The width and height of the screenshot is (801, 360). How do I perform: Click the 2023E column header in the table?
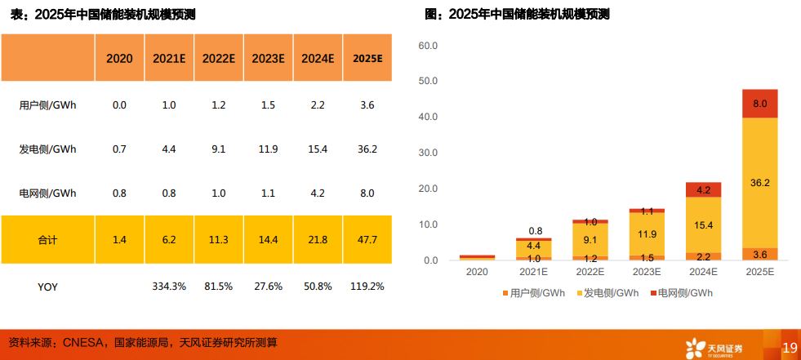tap(268, 58)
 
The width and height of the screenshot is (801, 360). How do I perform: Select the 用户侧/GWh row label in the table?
tap(47, 104)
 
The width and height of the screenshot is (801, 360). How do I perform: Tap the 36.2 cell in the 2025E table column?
tap(367, 149)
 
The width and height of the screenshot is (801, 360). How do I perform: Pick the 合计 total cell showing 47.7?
tap(367, 239)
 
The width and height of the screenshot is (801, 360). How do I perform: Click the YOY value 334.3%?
tap(169, 287)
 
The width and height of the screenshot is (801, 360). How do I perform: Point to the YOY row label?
tap(47, 287)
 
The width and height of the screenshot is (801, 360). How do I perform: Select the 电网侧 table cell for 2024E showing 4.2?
tap(318, 193)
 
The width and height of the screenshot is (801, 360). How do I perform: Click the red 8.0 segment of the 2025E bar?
tap(759, 104)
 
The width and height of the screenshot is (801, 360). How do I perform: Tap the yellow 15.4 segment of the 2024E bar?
tap(703, 224)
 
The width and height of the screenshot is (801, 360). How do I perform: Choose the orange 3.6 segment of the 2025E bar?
tap(759, 254)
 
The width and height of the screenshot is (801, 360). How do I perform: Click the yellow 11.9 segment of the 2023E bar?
tap(647, 233)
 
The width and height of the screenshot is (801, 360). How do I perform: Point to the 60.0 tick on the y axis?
tap(429, 46)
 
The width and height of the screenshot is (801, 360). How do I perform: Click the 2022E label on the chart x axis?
tap(590, 272)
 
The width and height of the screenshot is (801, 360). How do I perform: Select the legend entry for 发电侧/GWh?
tap(607, 292)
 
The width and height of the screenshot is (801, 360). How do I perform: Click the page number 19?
tap(789, 348)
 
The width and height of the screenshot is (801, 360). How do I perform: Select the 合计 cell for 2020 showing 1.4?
tap(119, 239)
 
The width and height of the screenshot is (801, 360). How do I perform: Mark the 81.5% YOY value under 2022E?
tap(219, 287)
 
